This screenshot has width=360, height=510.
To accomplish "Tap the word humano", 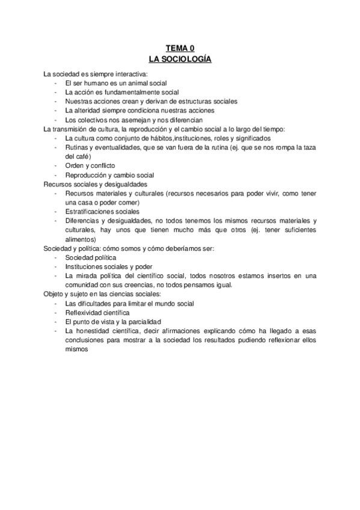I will pos(99,83).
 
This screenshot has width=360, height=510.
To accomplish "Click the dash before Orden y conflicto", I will pos(55,165).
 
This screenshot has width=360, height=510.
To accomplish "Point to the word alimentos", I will pos(80,239).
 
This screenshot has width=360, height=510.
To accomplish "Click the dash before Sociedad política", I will pos(55,257).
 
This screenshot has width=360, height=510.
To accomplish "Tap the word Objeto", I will pos(53,294).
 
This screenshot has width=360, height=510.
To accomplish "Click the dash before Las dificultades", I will pos(55,304).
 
